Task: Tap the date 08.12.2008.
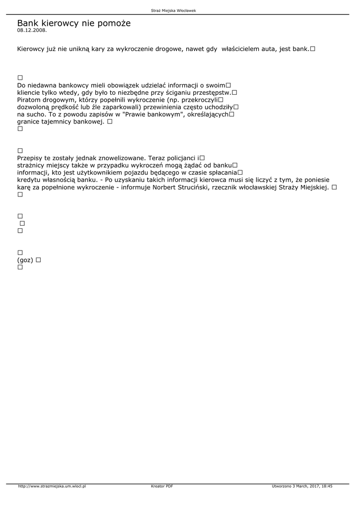pos(32,30)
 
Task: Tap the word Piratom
pos(30,99)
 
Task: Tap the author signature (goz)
pos(25,260)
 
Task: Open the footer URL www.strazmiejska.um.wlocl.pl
pos(52,486)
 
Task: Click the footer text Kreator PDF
pos(162,486)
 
